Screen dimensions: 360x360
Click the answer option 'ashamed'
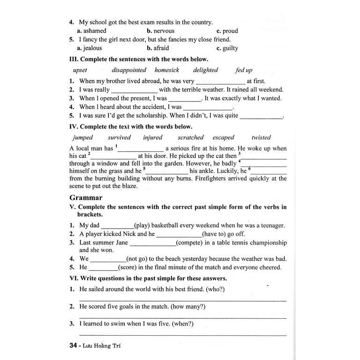95,31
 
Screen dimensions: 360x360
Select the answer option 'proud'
230,31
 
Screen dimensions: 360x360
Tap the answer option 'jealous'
93,48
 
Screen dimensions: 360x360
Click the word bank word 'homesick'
167,70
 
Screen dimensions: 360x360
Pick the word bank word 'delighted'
205,70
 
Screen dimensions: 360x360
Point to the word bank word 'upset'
80,70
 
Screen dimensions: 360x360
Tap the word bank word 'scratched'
191,137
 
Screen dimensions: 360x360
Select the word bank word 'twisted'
261,137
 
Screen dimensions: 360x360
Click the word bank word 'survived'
119,137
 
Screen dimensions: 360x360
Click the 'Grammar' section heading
86,198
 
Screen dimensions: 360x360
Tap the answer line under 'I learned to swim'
182,334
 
